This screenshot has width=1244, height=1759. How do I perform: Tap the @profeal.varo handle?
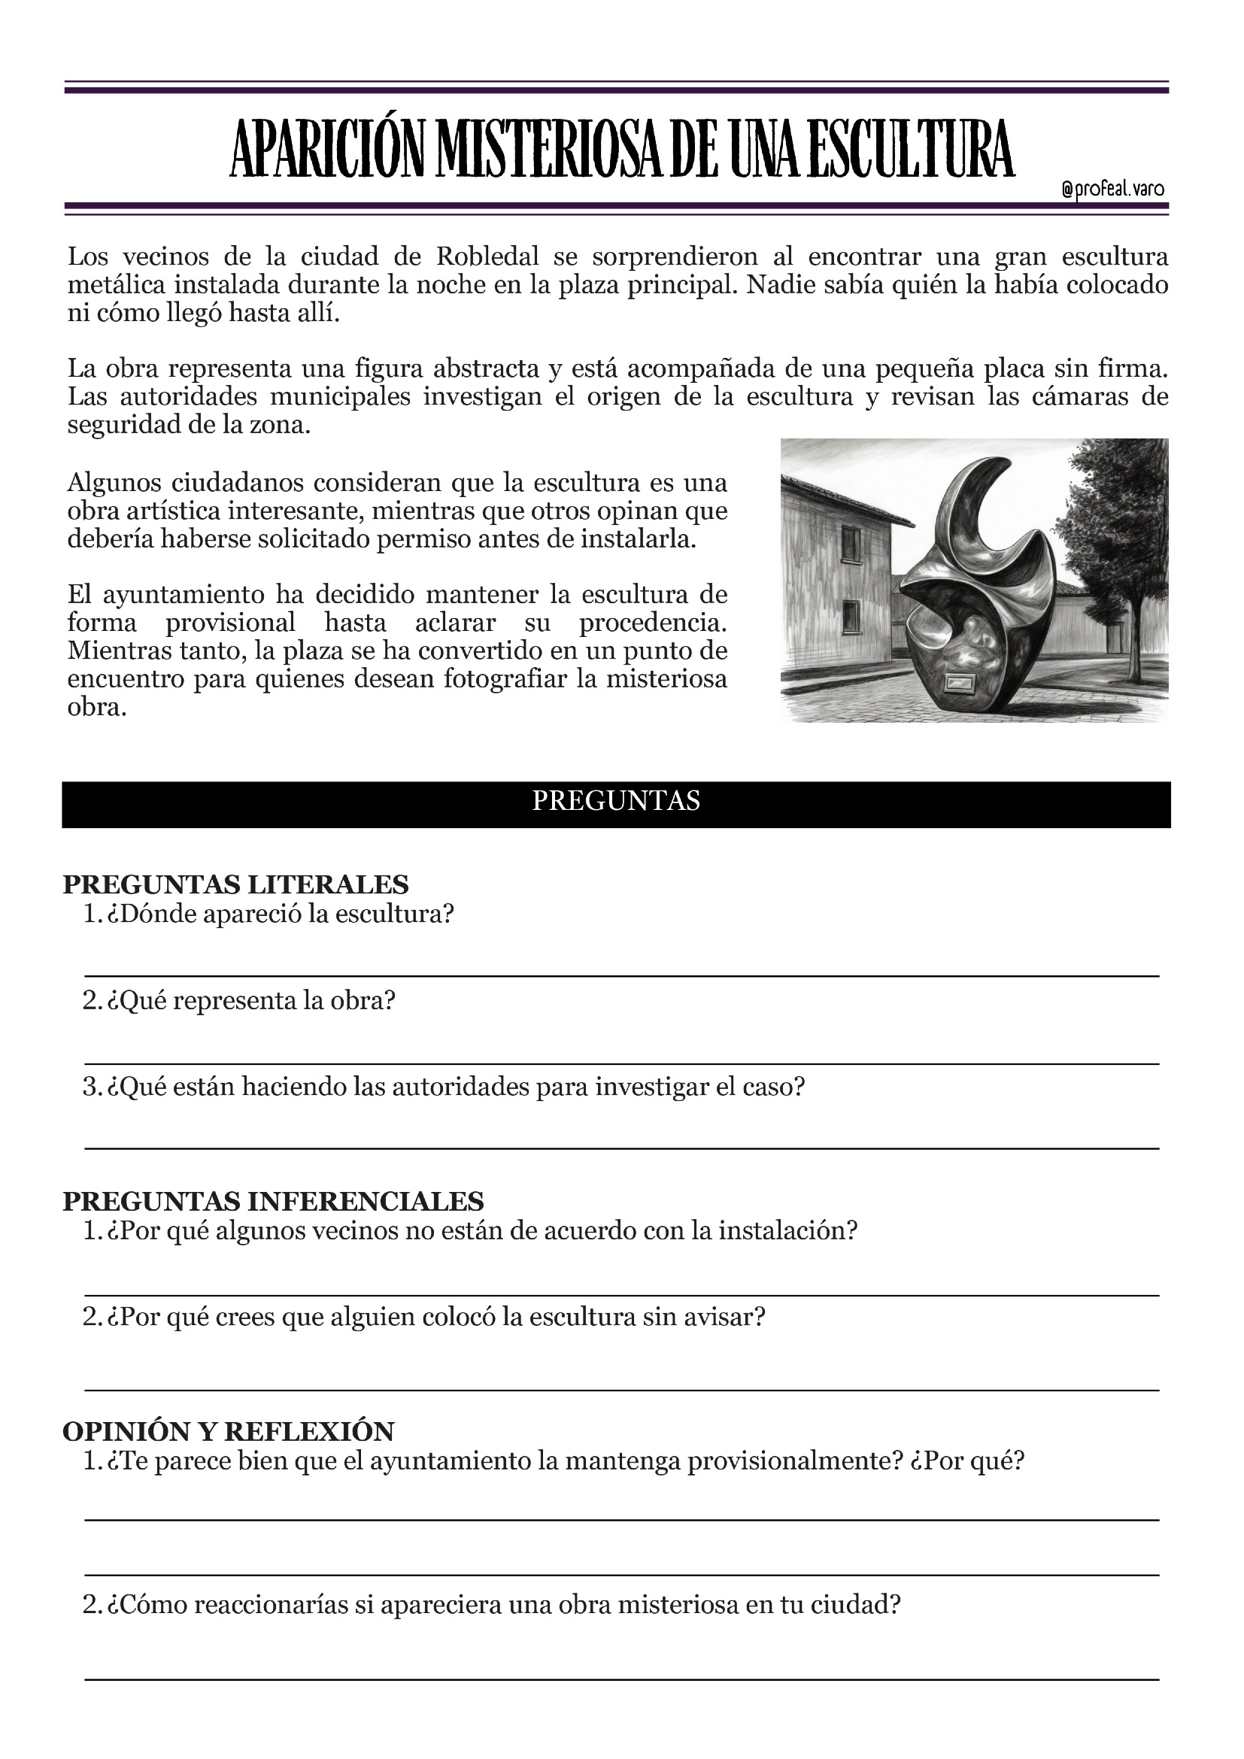[1113, 190]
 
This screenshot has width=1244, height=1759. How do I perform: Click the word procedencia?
[653, 622]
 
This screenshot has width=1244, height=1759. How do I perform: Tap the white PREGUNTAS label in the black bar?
[616, 802]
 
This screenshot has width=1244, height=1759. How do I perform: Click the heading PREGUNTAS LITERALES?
[235, 884]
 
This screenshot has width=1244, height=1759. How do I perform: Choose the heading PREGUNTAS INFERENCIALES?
[273, 1200]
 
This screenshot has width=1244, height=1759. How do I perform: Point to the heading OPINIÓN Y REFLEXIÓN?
[229, 1431]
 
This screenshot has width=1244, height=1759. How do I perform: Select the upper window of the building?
[852, 543]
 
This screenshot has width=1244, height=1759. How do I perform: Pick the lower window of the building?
[852, 617]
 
